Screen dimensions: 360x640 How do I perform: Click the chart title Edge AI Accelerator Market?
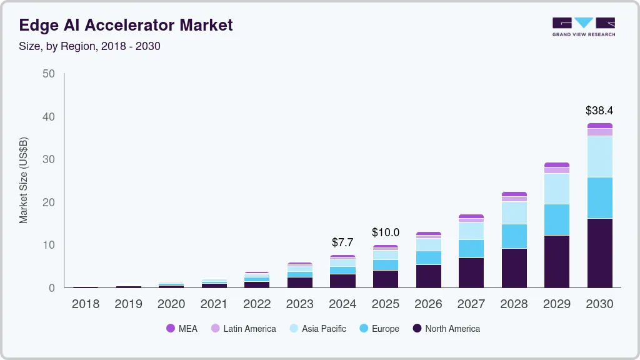126,25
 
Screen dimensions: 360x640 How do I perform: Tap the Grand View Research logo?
583,27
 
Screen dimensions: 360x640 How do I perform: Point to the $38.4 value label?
599,111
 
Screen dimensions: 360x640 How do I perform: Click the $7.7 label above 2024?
342,242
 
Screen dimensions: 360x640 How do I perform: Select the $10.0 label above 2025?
385,232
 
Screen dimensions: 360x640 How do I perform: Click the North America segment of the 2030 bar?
599,253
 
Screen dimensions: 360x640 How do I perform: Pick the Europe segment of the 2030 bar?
599,197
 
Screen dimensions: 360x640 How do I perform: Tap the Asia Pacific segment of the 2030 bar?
599,156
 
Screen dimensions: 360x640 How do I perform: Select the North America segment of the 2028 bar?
514,268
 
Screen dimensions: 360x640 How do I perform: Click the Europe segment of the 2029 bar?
556,219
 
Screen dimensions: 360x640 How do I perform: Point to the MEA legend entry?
182,329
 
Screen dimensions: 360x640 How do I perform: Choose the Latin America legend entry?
243,329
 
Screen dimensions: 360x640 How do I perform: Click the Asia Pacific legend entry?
317,329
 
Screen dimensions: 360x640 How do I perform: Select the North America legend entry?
446,329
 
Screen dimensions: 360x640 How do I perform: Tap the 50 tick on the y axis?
49,74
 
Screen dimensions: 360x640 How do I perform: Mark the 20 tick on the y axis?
49,202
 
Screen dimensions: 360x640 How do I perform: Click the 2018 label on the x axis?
86,304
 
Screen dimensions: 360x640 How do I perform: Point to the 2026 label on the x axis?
428,304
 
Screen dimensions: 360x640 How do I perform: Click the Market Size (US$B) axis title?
24,181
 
